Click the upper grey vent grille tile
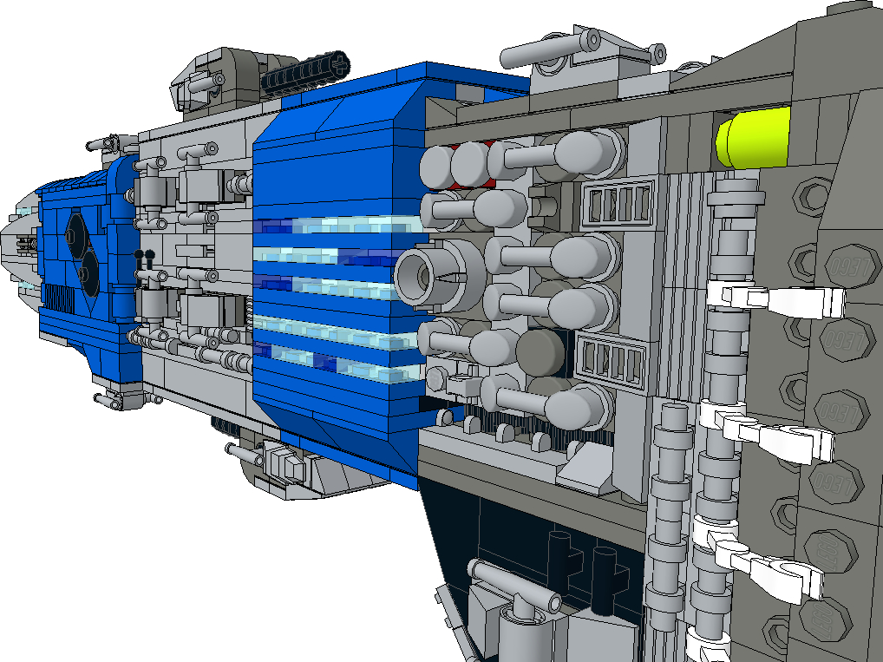[618, 203]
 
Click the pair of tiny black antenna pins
[144, 258]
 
